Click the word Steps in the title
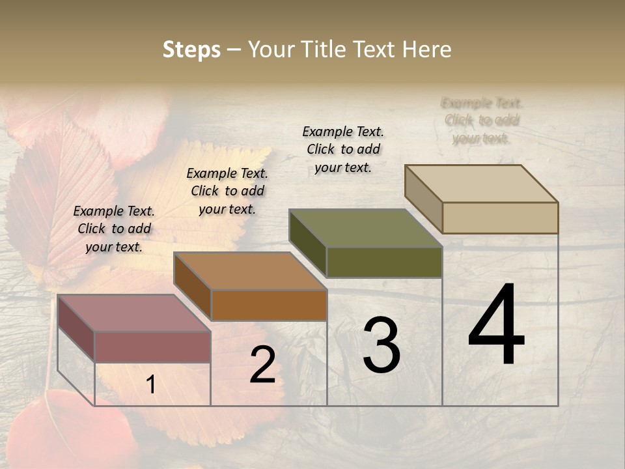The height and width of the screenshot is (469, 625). coord(191,50)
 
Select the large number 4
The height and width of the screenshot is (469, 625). coord(496,325)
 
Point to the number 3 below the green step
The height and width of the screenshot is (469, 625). coord(381,345)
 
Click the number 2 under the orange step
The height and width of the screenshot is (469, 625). coord(262,365)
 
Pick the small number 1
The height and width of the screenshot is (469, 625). coord(151,385)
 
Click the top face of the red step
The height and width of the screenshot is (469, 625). coord(133,313)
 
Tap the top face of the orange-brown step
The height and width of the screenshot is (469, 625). coord(250,270)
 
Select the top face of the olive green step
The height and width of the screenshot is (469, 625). coord(365,227)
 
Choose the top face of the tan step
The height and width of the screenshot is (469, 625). coord(481,183)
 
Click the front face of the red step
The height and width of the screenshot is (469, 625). coord(152,347)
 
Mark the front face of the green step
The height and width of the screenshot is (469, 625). coord(384,262)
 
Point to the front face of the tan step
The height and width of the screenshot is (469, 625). coord(500,218)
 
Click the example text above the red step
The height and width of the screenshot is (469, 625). coord(114,229)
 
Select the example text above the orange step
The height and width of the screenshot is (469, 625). coord(227,191)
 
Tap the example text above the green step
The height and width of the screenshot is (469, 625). coord(343,149)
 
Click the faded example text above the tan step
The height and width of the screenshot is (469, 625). coord(482,121)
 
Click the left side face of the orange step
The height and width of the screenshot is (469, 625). coord(193,287)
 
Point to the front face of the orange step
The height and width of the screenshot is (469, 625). coord(268,305)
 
